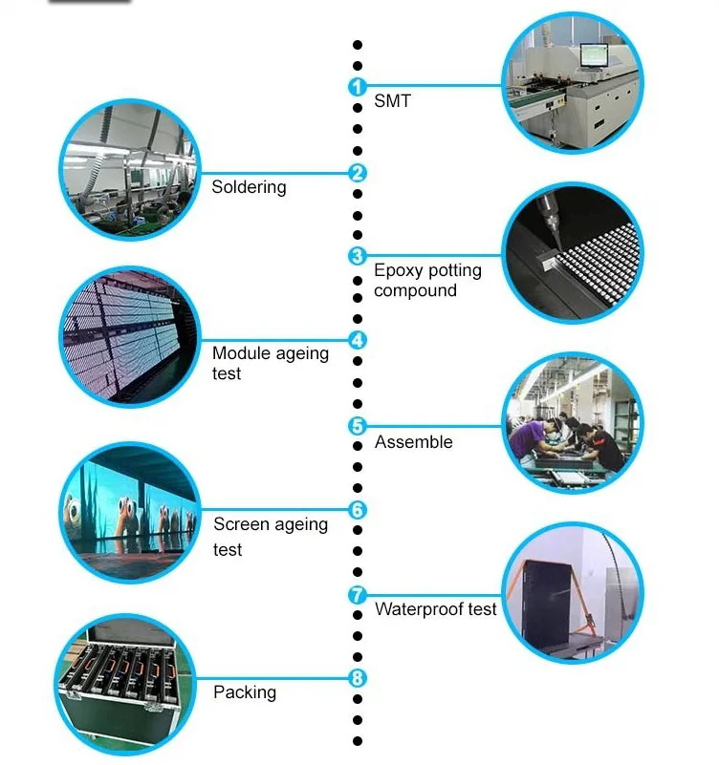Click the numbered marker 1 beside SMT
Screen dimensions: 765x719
pos(357,87)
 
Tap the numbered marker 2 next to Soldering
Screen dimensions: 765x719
pos(357,173)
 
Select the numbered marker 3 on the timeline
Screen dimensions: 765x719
pos(357,256)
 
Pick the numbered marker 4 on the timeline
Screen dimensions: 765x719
pos(357,340)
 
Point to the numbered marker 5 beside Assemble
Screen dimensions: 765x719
pos(357,426)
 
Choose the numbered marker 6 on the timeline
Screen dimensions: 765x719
pos(357,510)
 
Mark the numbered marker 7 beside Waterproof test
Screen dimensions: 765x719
pos(357,595)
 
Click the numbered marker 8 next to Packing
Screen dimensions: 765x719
pos(357,679)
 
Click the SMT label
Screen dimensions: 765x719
pos(392,100)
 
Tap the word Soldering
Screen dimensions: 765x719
pos(249,187)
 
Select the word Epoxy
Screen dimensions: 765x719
pos(399,271)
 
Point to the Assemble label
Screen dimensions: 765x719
pos(413,442)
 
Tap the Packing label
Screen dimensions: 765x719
pos(245,691)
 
